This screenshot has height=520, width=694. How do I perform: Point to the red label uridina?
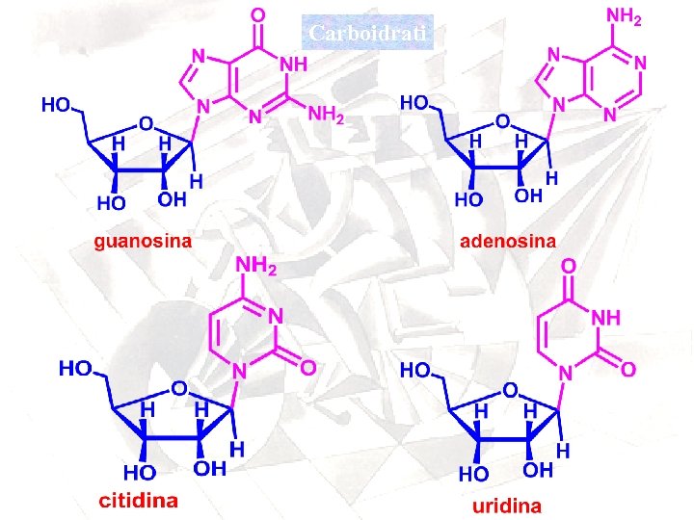click(506, 505)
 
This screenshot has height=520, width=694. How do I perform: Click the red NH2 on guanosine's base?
click(326, 115)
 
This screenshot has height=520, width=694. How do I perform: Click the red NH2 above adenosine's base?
click(624, 16)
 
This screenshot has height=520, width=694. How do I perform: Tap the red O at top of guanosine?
click(256, 15)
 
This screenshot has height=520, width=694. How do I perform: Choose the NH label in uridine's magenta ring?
click(612, 317)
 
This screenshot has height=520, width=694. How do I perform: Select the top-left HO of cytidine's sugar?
click(76, 367)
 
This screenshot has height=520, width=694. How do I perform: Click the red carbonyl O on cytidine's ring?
click(307, 367)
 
